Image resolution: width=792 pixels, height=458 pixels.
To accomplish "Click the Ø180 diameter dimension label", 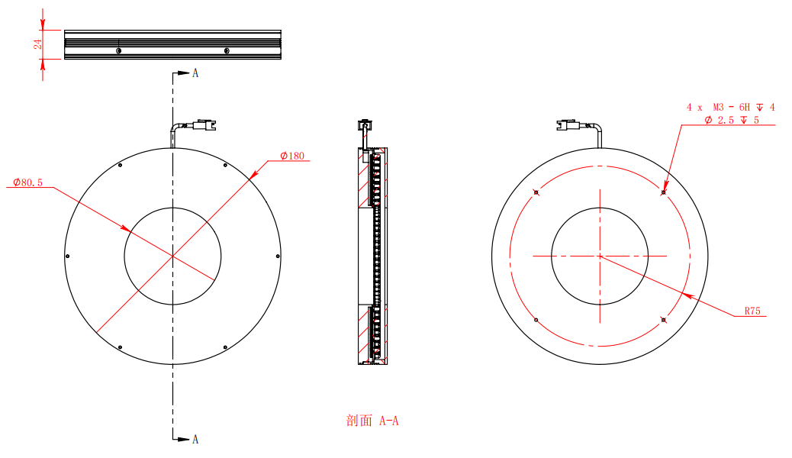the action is tap(292, 156).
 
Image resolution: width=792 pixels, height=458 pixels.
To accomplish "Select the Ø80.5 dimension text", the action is tap(27, 182).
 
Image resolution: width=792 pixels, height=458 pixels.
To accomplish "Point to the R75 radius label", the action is tap(752, 311).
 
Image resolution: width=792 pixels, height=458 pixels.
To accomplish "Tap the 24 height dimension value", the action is tap(38, 44).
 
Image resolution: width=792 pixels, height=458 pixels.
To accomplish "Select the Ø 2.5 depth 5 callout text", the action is tap(732, 120).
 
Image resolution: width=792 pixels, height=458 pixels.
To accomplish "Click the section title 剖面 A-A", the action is tap(372, 421).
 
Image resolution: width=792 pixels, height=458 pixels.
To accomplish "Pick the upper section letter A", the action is tap(195, 73).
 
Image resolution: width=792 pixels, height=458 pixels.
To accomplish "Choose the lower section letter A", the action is tap(195, 439).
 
